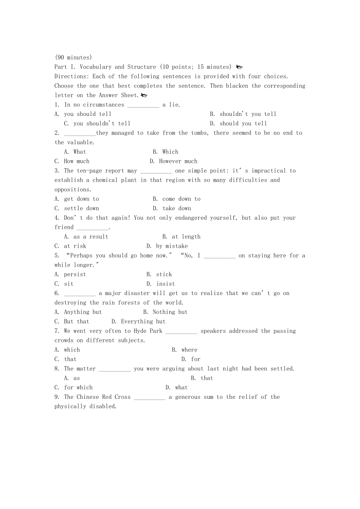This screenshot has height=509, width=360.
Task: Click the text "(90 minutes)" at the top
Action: point(73,58)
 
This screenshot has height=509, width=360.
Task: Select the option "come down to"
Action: point(181,199)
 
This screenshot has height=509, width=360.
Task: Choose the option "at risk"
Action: point(75,246)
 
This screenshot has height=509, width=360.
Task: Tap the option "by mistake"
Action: point(172,246)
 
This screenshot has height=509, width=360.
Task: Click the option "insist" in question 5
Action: point(166,284)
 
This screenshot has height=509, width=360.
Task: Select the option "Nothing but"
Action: point(170,312)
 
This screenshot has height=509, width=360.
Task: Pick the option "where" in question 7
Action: point(189,350)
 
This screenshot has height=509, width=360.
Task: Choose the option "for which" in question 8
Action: point(78,387)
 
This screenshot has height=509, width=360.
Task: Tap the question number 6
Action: point(57,293)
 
